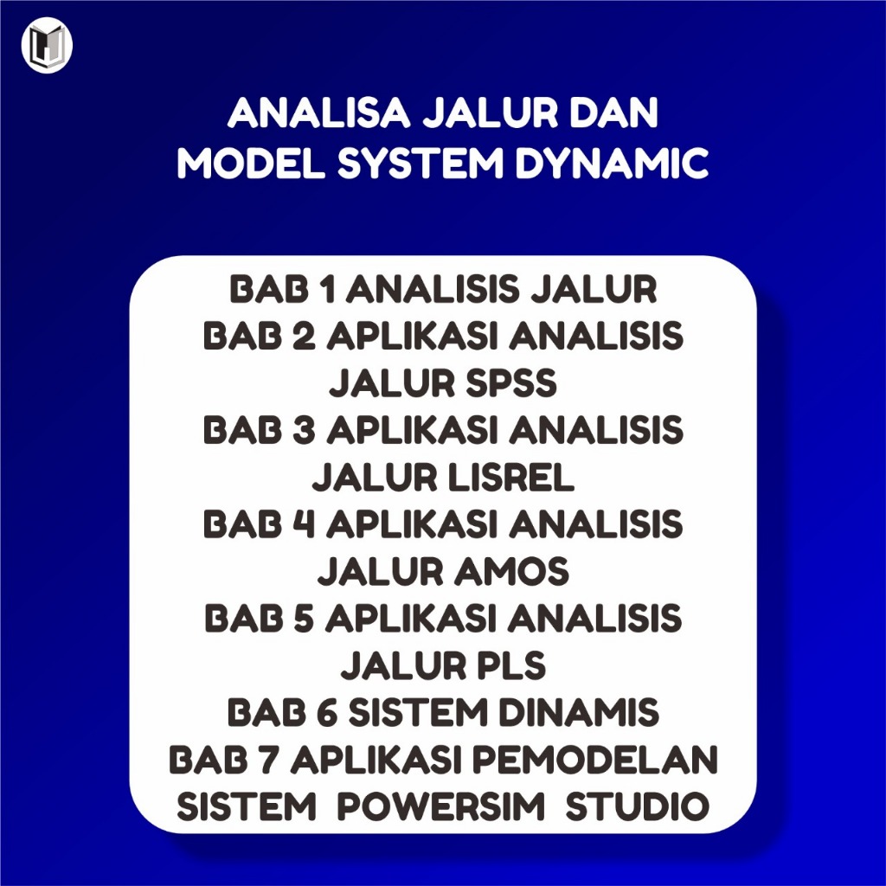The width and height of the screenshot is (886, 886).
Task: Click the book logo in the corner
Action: click(47, 47)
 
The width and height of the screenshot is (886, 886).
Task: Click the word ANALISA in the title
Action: click(318, 113)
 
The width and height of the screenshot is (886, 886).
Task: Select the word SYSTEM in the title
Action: click(420, 164)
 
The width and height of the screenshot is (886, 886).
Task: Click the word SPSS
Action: click(511, 383)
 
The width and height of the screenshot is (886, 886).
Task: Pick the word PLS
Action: click(504, 665)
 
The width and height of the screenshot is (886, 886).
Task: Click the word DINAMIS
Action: click(578, 713)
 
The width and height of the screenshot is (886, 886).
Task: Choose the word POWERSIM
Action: click(440, 806)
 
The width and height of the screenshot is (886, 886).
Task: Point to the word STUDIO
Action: click(638, 806)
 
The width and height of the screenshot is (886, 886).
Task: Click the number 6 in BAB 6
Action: click(327, 713)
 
